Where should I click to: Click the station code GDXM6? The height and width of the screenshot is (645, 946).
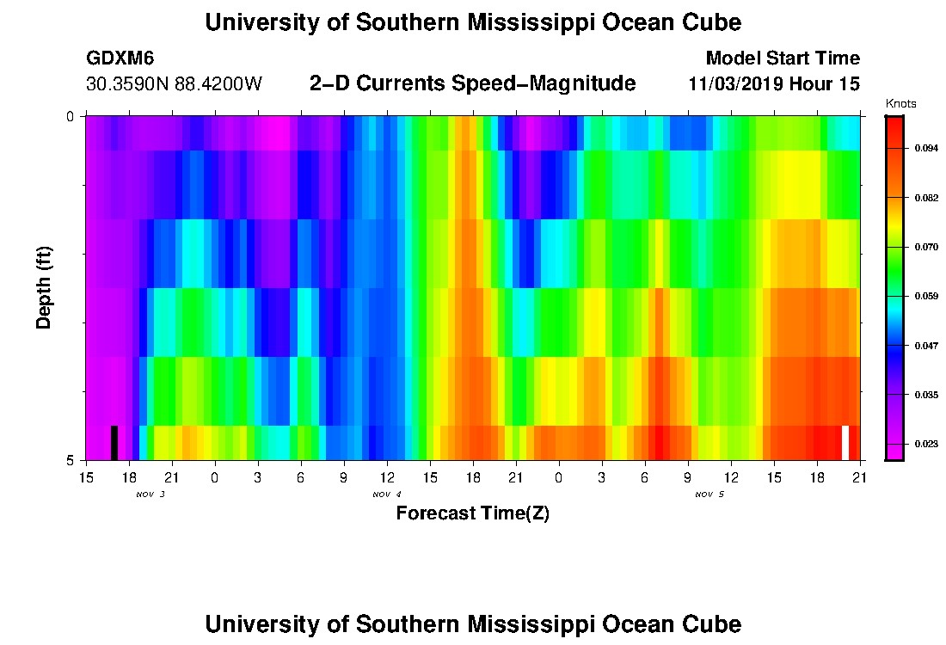click(120, 58)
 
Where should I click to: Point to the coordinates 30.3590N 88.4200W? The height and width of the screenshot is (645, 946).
click(174, 84)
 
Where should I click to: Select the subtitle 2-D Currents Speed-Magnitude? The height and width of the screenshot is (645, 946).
click(472, 83)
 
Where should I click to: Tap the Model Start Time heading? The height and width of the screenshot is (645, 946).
click(783, 58)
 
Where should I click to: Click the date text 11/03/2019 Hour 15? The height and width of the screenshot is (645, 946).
click(774, 84)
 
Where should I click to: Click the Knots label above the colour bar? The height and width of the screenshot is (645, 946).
click(900, 104)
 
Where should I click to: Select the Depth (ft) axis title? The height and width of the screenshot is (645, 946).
click(45, 287)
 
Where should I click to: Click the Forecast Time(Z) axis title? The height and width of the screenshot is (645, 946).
click(472, 513)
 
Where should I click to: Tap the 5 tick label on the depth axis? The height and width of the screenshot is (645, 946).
click(70, 460)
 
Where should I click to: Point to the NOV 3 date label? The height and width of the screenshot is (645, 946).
click(150, 494)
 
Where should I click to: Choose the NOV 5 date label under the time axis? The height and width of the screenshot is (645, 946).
click(709, 494)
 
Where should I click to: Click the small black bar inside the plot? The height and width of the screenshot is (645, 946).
click(114, 442)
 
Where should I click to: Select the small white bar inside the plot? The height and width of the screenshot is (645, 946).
click(845, 442)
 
